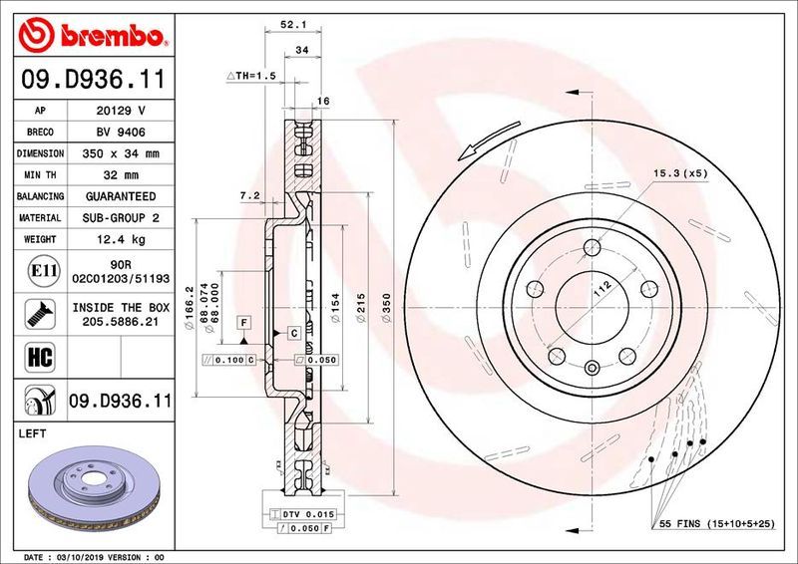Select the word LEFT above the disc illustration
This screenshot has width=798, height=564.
click(x=36, y=433)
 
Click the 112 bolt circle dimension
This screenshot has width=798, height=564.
click(x=600, y=290)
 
